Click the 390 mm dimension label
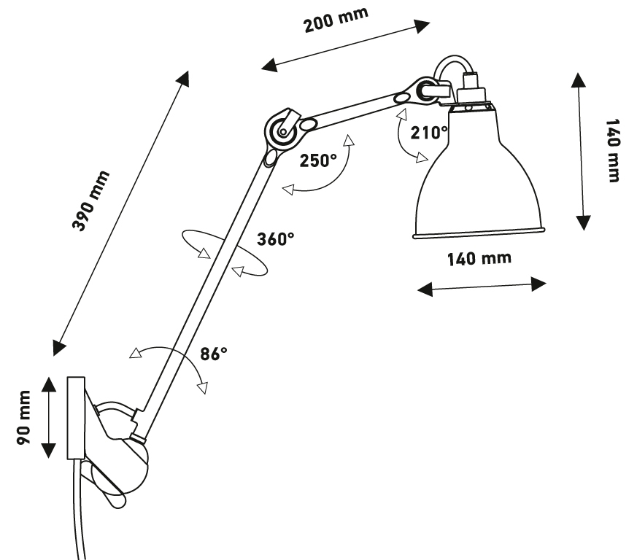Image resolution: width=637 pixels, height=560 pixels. point(90,201)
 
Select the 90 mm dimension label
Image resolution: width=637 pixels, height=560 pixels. point(23,418)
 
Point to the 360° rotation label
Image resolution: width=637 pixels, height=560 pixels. point(275,238)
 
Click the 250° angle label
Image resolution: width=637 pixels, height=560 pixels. point(318,161)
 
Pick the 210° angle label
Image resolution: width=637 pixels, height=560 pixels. point(429,133)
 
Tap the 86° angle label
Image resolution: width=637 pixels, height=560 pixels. point(214,354)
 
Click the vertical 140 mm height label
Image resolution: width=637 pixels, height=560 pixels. point(613,151)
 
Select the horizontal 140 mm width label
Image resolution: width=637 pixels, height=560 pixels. point(479,259)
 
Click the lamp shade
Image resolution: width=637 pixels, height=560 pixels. point(479,174)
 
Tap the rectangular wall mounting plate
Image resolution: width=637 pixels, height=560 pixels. point(76,419)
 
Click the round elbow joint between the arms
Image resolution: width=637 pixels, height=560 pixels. point(283,131)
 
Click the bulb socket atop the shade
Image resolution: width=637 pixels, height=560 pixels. point(471,90)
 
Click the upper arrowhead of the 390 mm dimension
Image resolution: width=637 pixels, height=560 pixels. point(182,79)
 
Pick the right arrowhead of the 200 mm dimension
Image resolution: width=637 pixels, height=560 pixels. point(421,26)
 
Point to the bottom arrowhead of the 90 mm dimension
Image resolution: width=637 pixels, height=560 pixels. point(48,451)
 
